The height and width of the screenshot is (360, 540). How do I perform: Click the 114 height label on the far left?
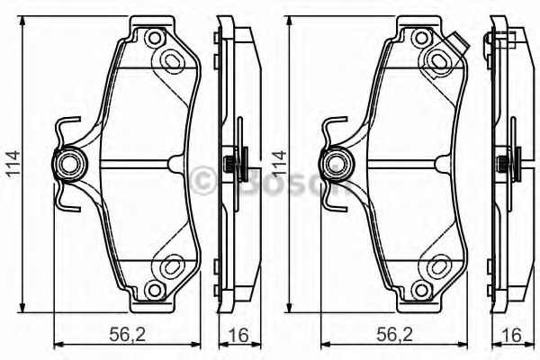11,166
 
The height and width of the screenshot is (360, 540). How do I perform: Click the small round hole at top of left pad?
153,39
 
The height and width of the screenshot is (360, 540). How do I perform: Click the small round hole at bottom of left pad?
153,290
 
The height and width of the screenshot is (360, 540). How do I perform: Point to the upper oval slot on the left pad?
170,58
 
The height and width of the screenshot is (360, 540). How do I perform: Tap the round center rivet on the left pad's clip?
69,164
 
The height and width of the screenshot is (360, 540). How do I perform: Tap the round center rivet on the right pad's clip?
337,164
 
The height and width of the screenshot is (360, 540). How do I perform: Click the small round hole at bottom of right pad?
422,290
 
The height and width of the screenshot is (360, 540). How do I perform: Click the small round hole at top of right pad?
422,39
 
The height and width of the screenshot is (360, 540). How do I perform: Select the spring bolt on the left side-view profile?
232,164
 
